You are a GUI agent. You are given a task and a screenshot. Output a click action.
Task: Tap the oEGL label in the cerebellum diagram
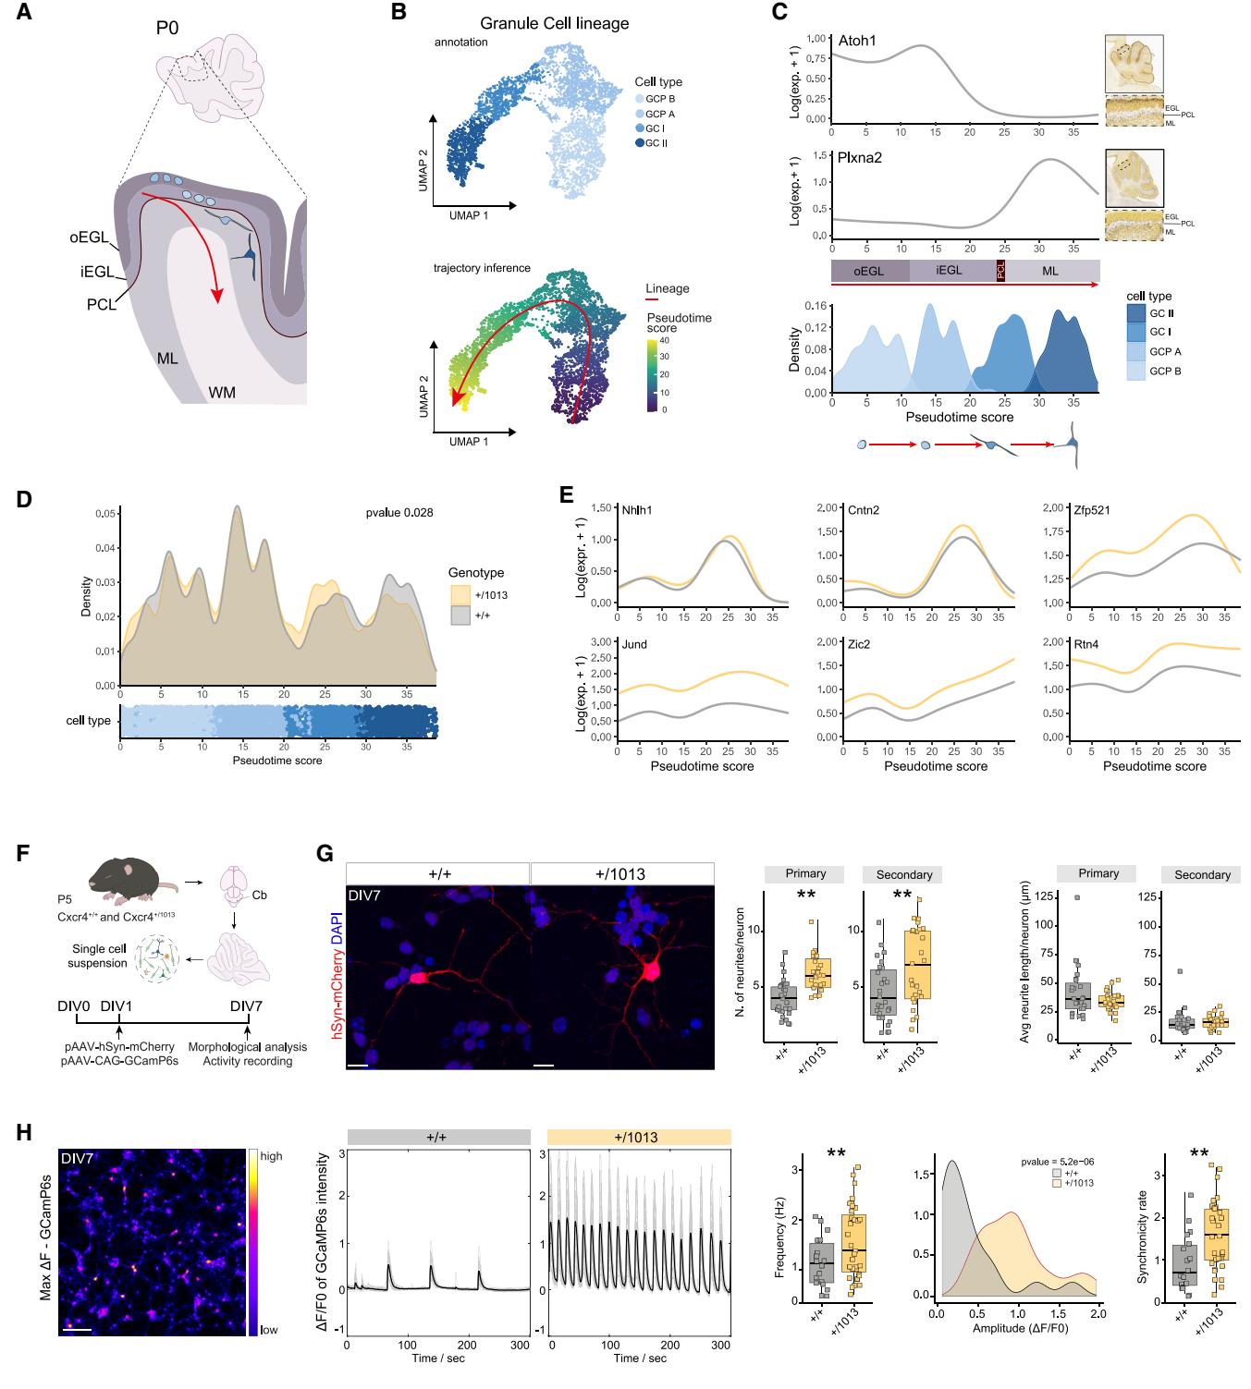click(88, 238)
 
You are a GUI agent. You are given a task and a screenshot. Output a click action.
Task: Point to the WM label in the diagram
click(222, 392)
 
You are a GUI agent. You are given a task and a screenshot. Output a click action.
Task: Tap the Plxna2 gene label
click(860, 157)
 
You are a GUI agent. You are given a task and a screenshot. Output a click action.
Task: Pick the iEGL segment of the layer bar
click(950, 271)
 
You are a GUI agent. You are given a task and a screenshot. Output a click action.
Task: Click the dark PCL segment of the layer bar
click(1000, 271)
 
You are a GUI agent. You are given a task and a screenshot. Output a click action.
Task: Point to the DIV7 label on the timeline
click(246, 1005)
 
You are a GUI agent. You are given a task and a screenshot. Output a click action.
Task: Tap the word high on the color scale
click(272, 1156)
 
